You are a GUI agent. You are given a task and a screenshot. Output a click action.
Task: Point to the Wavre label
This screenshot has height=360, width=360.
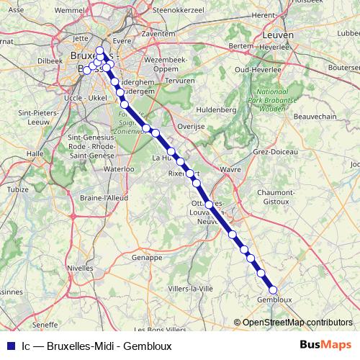click(x=230, y=169)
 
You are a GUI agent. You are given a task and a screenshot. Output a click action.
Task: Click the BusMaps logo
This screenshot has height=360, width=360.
click(x=325, y=345)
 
